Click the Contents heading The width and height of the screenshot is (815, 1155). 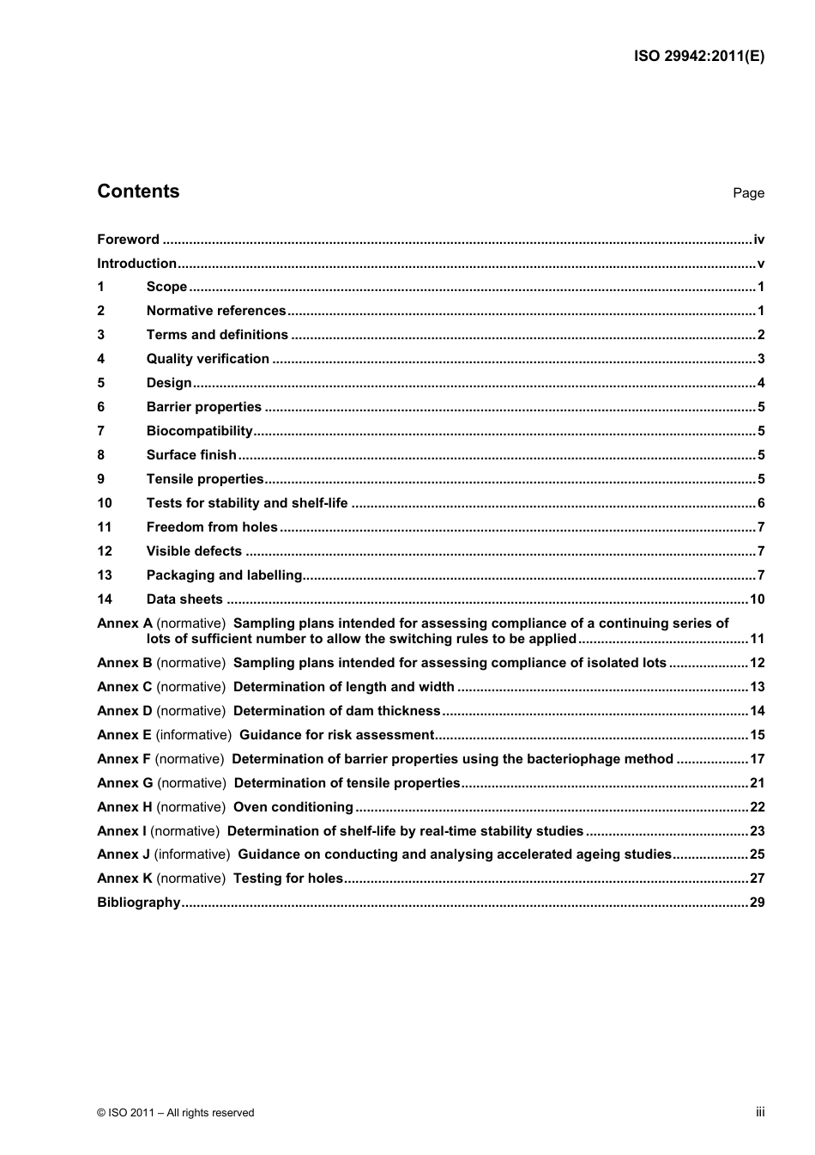pos(138,191)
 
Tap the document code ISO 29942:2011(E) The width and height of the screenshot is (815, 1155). pos(699,57)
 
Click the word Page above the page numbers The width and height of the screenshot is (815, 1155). pos(748,193)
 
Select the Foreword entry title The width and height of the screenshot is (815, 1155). pos(128,240)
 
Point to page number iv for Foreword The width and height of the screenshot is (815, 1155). pos(758,240)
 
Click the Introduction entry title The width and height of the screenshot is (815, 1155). pos(136,264)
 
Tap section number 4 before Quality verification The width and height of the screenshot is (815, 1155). pos(101,359)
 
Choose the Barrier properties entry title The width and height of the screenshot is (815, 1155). pos(204,407)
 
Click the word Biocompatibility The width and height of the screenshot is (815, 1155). pos(200,431)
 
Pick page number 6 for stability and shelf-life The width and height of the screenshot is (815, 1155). pos(761,503)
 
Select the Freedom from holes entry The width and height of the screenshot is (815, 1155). pos(212,527)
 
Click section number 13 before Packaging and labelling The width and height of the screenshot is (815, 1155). pos(105,575)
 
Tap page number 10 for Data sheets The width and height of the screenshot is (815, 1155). pos(757,599)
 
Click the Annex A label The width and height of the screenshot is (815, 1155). pos(124,623)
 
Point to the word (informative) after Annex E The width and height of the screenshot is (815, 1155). pos(194,735)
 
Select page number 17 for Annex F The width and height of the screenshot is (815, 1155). pos(757,759)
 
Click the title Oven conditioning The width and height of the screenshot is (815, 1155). pos(293,807)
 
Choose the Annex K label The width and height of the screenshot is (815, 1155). pos(124,878)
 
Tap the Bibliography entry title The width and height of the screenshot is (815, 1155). pos(139,903)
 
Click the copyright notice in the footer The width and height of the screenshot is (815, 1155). pos(176,1113)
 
